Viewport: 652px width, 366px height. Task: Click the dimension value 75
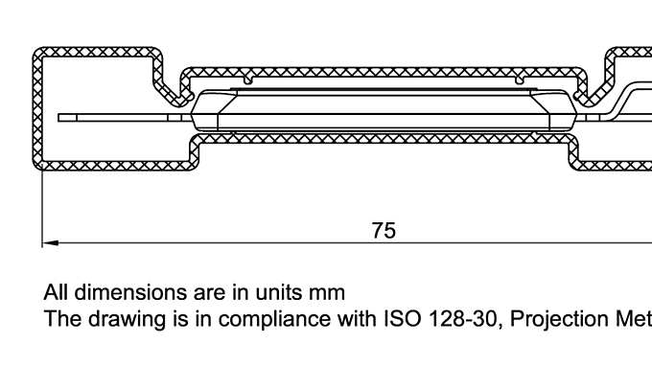coord(384,231)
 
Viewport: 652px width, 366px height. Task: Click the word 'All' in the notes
coord(56,291)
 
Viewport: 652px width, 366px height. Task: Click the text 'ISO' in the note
coord(402,318)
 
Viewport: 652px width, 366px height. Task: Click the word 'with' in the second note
coord(357,318)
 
